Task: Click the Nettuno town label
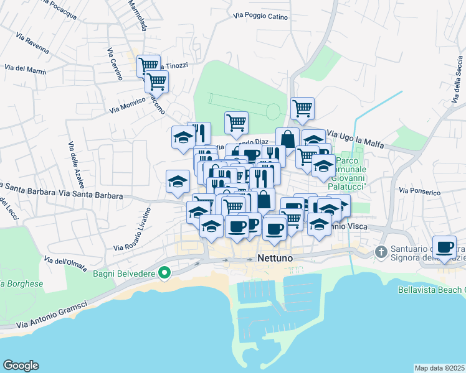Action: (274, 259)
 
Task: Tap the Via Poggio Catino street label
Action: (260, 17)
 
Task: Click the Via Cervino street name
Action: (114, 64)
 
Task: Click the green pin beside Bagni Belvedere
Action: (164, 272)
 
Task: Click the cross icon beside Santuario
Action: (381, 252)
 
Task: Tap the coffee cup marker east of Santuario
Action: (444, 247)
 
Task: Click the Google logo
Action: (21, 366)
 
